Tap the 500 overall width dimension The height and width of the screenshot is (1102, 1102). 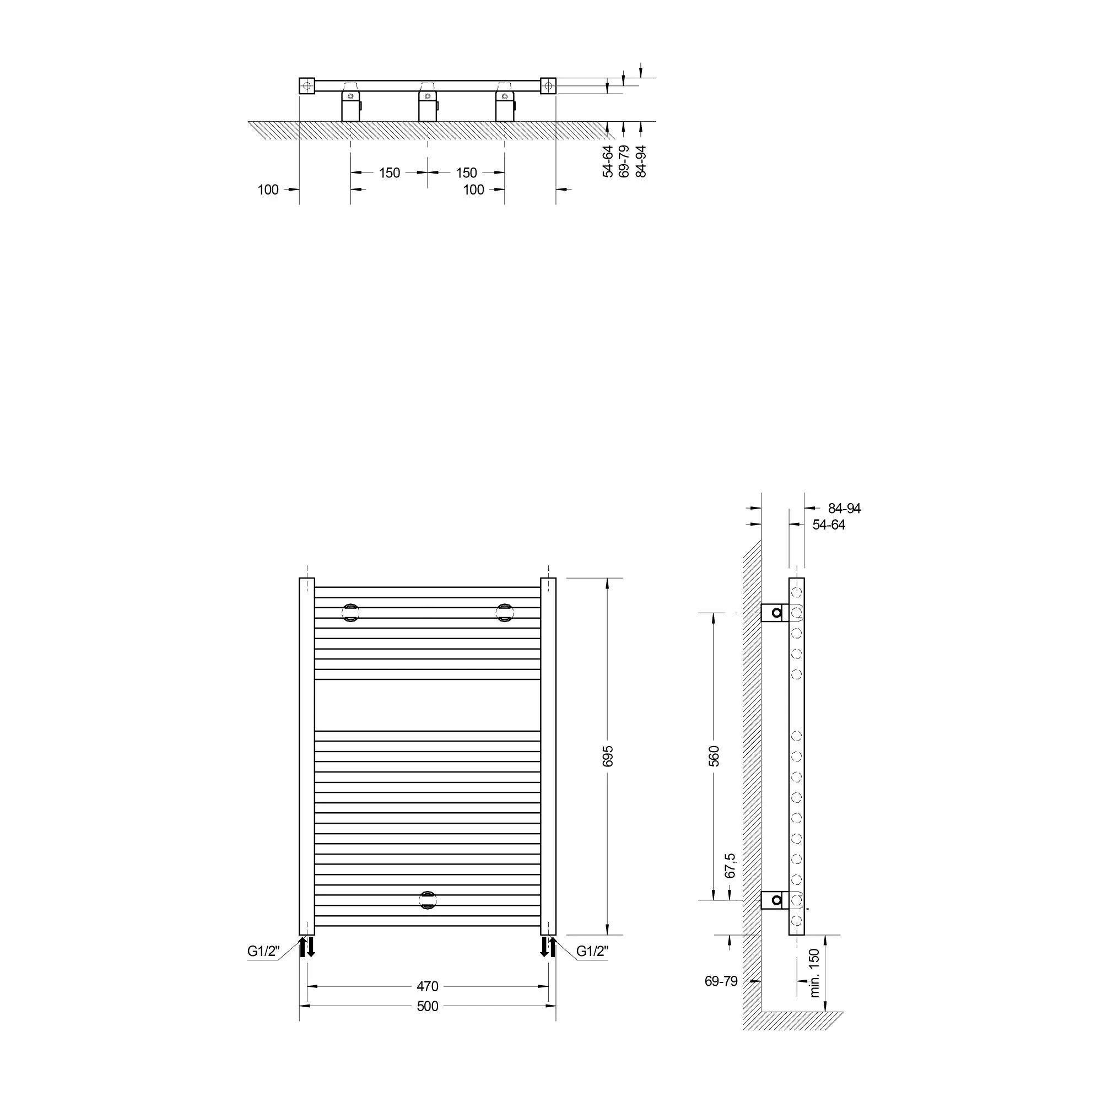[x=427, y=1006]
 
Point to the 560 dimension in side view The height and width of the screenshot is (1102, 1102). [x=714, y=756]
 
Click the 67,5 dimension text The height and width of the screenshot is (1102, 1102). [x=730, y=865]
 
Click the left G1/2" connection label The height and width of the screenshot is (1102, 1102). [x=263, y=951]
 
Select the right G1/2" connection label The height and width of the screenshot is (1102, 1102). [x=592, y=951]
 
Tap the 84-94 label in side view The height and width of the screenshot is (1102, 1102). [x=844, y=508]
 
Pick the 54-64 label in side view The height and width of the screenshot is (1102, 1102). [x=829, y=525]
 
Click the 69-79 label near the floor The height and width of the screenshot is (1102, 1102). [x=721, y=981]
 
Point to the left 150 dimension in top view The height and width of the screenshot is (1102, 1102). [x=390, y=173]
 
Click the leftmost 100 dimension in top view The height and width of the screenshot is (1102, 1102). [x=268, y=190]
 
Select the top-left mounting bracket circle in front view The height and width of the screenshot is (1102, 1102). [x=351, y=613]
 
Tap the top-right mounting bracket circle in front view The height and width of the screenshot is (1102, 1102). [x=504, y=613]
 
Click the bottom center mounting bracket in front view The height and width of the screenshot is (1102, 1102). [x=427, y=900]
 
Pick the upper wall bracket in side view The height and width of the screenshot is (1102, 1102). [x=775, y=613]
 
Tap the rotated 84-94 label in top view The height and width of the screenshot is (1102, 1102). [x=641, y=161]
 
